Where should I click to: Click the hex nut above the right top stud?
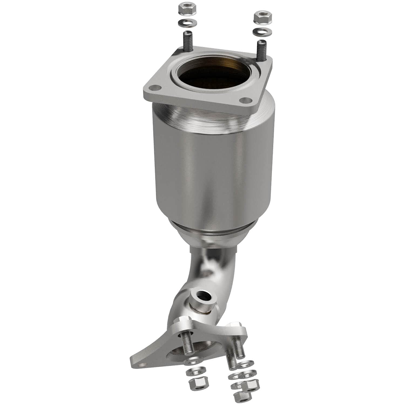[260, 18]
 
